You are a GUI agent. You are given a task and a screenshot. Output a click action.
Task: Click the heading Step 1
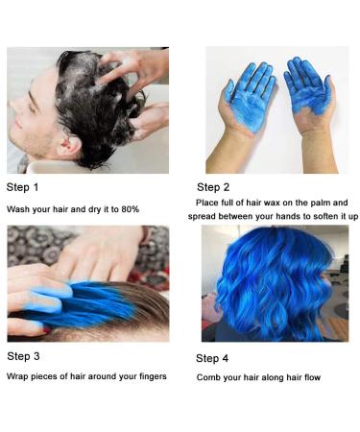[22, 187]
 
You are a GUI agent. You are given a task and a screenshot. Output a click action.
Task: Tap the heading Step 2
[213, 187]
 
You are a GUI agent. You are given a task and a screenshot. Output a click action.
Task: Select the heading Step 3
[23, 356]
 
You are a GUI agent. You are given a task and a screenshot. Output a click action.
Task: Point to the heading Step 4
[212, 358]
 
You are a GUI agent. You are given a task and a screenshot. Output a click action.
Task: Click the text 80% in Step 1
[131, 209]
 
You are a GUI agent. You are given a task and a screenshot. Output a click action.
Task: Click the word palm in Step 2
[321, 203]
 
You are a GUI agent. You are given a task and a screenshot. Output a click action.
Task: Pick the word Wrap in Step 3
[17, 376]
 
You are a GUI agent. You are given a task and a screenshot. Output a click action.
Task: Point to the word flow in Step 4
[312, 377]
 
